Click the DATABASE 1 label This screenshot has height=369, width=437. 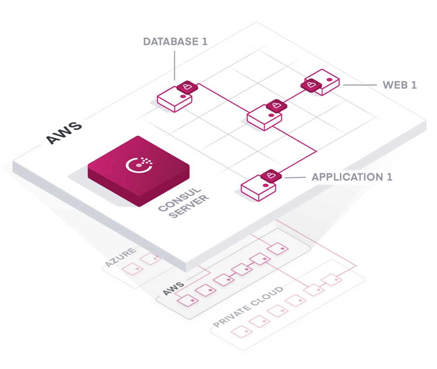click(175, 42)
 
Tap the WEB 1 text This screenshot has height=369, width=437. click(399, 85)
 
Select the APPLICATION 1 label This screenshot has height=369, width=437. click(352, 177)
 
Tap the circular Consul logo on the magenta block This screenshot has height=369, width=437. click(139, 165)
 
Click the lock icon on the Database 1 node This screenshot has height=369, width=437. click(187, 86)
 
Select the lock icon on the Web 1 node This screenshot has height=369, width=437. click(310, 84)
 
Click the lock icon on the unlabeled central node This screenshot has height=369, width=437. click(276, 105)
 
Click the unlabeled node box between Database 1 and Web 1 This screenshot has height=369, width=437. click(264, 118)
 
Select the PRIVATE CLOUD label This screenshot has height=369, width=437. click(248, 307)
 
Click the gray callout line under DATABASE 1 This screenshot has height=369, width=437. click(175, 66)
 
